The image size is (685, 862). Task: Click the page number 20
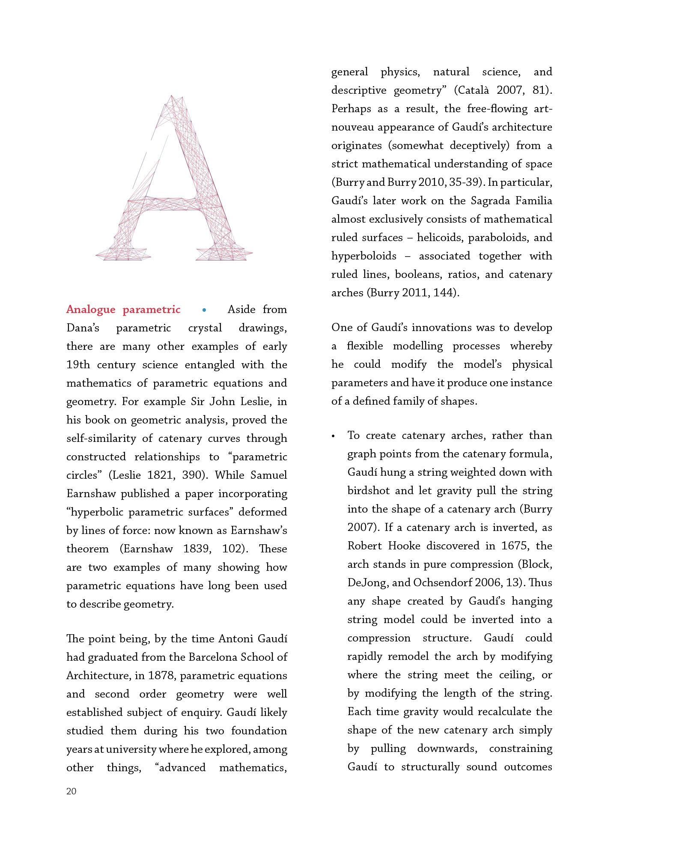[x=71, y=791]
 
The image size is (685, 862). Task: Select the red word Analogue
[x=91, y=310]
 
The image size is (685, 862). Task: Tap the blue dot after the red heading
[x=204, y=310]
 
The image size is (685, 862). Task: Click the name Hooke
[x=404, y=546]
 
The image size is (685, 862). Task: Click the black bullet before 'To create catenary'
[x=333, y=436]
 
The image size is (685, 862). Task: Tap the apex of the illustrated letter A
[x=172, y=97]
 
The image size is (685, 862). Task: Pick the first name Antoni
[x=236, y=638]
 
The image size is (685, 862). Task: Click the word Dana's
[x=83, y=328]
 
